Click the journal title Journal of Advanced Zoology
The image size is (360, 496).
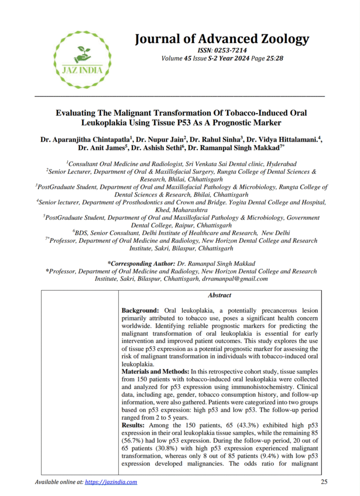click(222, 39)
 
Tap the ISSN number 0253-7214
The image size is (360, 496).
click(232, 50)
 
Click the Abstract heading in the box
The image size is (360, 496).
click(219, 295)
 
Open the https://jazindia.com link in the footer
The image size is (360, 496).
click(111, 482)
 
